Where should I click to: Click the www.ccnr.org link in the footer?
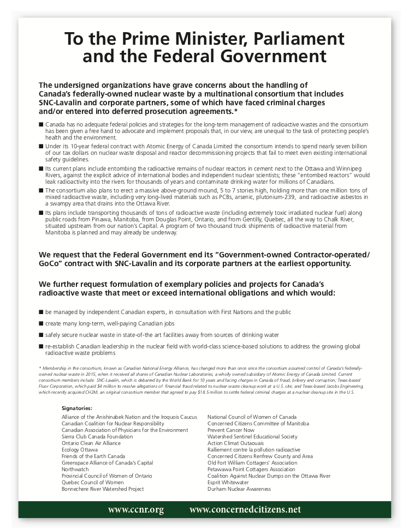tap(135, 510)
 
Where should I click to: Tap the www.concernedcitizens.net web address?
tap(245, 510)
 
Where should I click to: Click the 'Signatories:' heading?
tap(77, 408)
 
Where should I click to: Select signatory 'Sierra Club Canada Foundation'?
tap(97, 437)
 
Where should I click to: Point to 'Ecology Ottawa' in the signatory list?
tap(80, 450)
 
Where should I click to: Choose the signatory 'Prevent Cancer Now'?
tap(230, 430)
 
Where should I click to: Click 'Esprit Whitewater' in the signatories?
tap(228, 483)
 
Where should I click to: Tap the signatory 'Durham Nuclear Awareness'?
tap(239, 489)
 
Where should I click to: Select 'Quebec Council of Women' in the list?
tap(92, 483)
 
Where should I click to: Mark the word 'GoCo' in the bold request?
tap(51, 263)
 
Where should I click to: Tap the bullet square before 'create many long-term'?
tap(42, 323)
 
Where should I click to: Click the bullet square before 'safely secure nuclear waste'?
tap(42, 335)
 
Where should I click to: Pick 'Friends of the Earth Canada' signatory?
tap(93, 456)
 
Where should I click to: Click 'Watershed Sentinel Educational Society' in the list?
tap(252, 437)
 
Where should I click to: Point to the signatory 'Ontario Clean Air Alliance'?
tap(91, 443)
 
